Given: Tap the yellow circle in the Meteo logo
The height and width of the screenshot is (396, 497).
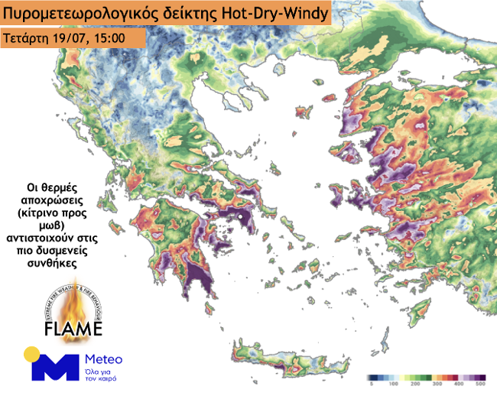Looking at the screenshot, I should click(x=31, y=354).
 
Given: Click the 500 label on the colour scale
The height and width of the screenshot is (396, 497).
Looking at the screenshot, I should click(x=481, y=386).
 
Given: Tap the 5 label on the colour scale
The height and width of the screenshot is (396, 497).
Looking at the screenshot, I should click(x=369, y=386).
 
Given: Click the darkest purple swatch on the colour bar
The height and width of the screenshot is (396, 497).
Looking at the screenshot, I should click(x=482, y=378).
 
